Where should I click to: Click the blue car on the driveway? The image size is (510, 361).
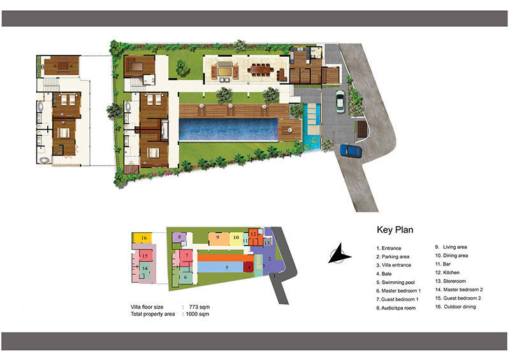(x=351, y=151)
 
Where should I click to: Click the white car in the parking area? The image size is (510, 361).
(x=340, y=101)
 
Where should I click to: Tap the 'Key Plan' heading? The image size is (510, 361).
(x=395, y=230)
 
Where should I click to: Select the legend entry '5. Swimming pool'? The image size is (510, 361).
(x=395, y=282)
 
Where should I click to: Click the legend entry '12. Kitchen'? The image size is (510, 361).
(x=448, y=272)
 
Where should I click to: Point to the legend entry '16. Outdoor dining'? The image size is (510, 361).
(x=455, y=307)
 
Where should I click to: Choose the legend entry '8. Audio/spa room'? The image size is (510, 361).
(x=396, y=308)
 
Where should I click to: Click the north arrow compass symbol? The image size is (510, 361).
(x=340, y=253)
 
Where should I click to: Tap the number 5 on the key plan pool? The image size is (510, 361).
(x=227, y=268)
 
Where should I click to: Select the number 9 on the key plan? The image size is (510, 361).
(x=217, y=237)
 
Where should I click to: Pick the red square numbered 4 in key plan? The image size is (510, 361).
(x=249, y=267)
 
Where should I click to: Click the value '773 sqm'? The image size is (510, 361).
(x=199, y=307)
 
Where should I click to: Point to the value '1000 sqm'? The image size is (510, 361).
(x=198, y=314)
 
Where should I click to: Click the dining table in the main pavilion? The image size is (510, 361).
(x=261, y=70)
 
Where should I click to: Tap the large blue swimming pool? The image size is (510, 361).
(x=228, y=129)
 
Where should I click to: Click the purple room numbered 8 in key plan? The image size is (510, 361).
(x=179, y=237)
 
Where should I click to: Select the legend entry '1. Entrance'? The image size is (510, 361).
(x=389, y=248)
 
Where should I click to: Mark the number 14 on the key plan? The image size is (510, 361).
(x=145, y=269)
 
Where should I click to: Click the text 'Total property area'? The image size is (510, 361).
(x=152, y=314)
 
